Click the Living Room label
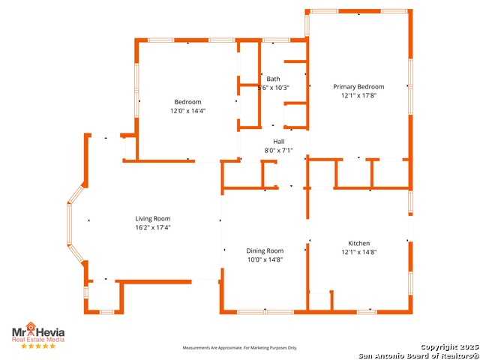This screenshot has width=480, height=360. (153, 218)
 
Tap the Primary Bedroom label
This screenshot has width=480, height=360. (358, 87)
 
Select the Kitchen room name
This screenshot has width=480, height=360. (359, 243)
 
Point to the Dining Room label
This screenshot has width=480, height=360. (265, 250)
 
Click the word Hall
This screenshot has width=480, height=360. (278, 142)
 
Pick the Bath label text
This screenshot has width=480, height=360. (273, 79)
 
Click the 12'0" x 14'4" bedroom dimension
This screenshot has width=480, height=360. (187, 110)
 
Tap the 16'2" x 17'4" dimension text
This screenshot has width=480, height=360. (153, 227)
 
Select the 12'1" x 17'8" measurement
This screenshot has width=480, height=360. (358, 95)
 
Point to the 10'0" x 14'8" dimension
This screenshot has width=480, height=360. (265, 259)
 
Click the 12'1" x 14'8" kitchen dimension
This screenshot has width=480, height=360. (359, 252)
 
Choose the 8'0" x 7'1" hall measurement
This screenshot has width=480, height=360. (278, 150)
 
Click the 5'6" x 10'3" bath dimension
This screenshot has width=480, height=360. (273, 88)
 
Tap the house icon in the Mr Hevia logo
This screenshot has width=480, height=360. (31, 327)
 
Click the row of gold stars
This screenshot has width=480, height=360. (38, 346)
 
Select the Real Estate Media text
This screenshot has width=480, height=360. (38, 340)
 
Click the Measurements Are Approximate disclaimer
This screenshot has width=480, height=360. (240, 348)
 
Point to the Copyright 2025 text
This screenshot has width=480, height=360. (449, 347)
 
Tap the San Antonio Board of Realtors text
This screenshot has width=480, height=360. (418, 355)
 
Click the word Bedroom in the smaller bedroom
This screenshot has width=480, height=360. (187, 102)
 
